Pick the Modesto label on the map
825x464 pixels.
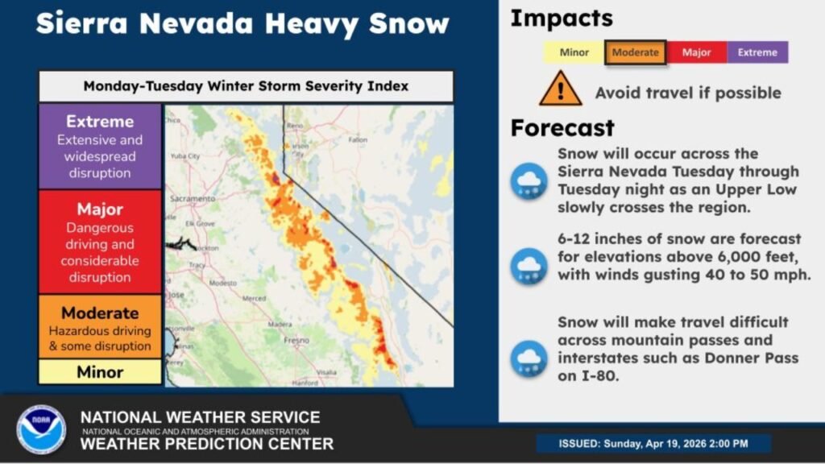(222, 284)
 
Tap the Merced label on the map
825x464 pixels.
(254, 298)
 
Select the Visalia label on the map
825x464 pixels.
(326, 371)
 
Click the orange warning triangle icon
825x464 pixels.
(561, 89)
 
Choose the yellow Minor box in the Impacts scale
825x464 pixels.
(573, 53)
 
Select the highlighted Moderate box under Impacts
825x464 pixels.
(635, 53)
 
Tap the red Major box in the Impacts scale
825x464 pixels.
(696, 53)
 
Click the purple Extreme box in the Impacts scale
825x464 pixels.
(757, 53)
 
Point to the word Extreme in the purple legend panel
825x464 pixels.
(100, 122)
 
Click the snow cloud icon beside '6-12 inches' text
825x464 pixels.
(529, 266)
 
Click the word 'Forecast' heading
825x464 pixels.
(562, 128)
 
